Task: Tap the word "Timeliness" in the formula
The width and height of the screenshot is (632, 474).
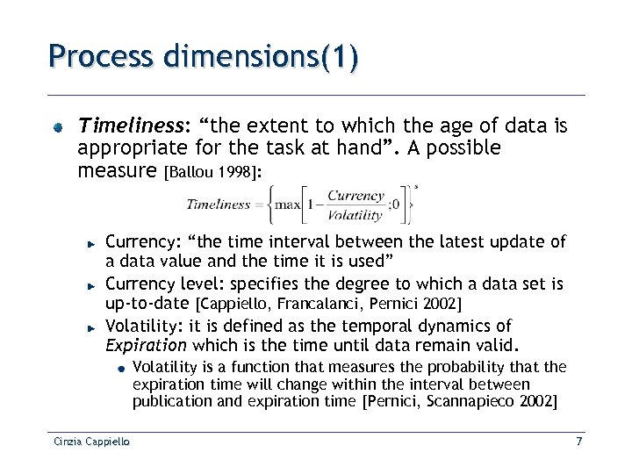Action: point(218,205)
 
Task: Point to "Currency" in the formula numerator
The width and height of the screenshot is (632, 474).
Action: point(355,196)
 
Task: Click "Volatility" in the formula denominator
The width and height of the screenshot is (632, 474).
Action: point(355,214)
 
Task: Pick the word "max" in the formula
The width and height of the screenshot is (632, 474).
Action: point(289,205)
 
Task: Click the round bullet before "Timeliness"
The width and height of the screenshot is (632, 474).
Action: point(56,128)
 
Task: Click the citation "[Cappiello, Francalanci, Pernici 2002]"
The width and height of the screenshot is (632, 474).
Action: point(327,304)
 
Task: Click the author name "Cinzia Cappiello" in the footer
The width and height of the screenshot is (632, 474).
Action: point(89,442)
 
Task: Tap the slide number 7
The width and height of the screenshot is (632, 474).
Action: point(578,442)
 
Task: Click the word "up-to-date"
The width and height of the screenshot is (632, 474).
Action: point(147,303)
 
